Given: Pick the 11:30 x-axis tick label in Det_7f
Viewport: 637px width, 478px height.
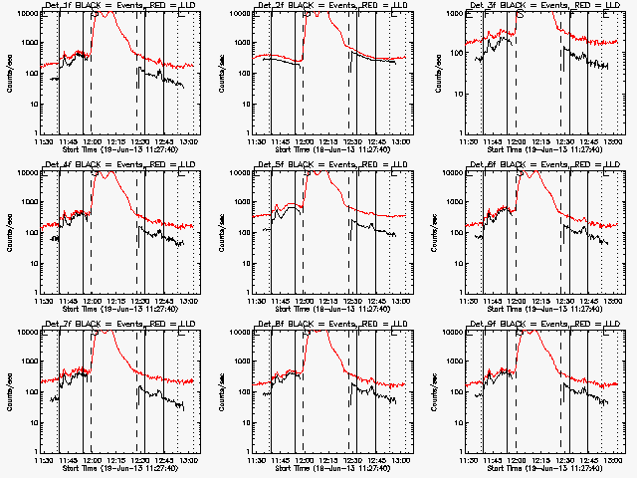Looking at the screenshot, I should (x=42, y=460).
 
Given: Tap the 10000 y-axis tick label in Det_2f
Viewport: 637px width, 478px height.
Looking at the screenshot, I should (x=237, y=13).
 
